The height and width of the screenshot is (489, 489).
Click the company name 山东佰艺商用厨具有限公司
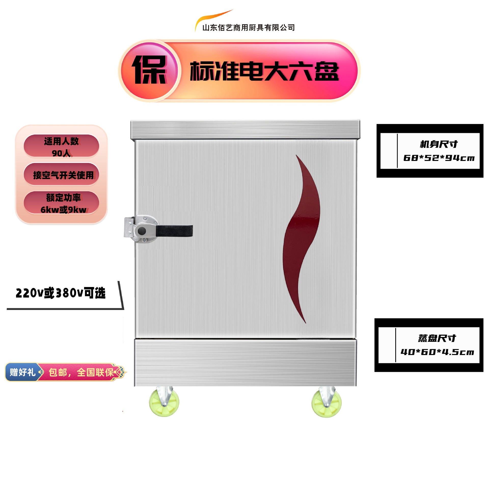(248, 28)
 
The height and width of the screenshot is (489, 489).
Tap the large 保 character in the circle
(150, 70)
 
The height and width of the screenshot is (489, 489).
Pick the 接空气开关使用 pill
(61, 175)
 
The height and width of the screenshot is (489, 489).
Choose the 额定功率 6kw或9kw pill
(61, 203)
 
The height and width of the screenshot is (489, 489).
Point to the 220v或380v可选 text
(61, 293)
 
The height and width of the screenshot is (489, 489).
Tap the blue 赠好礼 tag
(22, 372)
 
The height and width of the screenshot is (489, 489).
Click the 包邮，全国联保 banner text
(81, 372)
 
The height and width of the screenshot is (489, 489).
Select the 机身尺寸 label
(439, 144)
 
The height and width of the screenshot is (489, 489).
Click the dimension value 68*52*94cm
(439, 158)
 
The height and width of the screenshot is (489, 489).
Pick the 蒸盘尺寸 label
(437, 338)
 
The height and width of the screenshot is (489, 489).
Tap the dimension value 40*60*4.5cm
(437, 352)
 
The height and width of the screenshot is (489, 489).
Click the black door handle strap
(174, 231)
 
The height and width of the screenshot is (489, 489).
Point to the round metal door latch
(142, 230)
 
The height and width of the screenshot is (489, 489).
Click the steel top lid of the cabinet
(245, 129)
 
